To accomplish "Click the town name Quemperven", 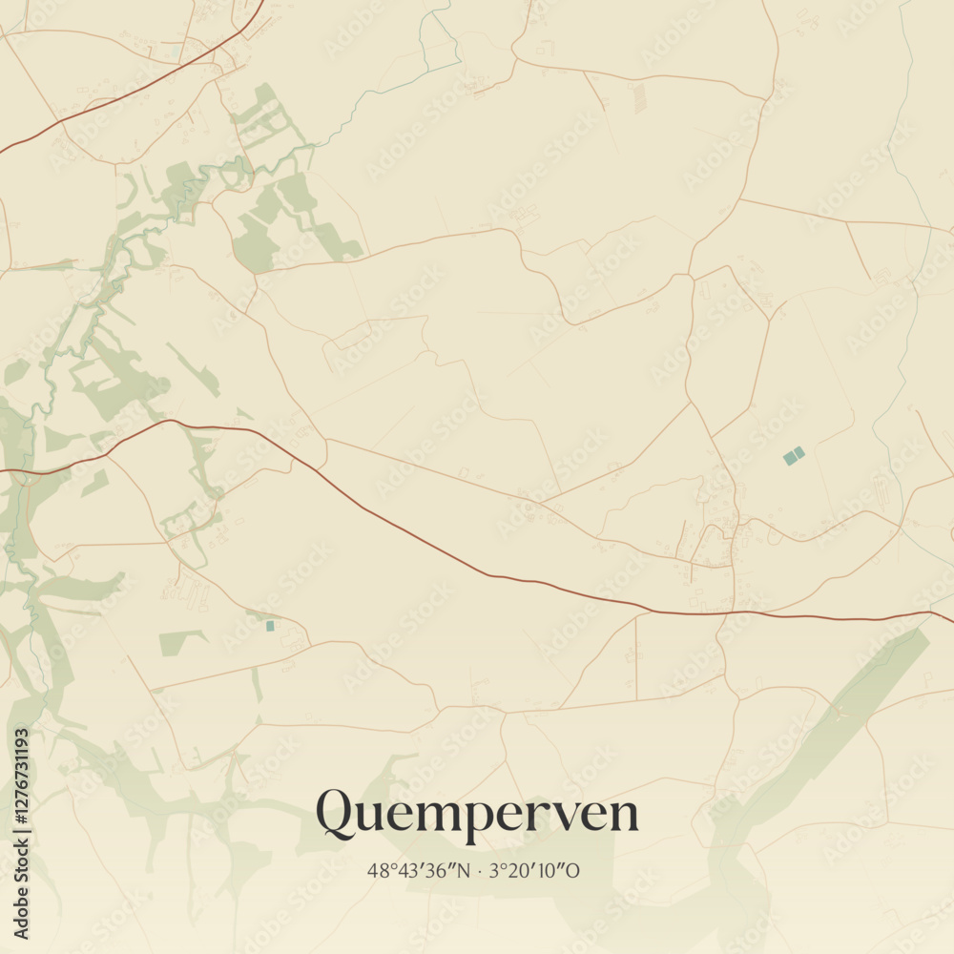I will (x=477, y=814).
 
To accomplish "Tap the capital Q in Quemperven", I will (x=336, y=813).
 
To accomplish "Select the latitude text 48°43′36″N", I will (x=419, y=871).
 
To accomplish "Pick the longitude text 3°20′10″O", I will (x=535, y=871).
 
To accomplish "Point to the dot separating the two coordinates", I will (x=479, y=871).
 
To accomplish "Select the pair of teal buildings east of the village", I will (x=794, y=456).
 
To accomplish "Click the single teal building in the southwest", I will (x=270, y=626).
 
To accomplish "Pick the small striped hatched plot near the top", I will (x=638, y=96).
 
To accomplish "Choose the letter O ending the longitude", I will (x=575, y=871).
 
